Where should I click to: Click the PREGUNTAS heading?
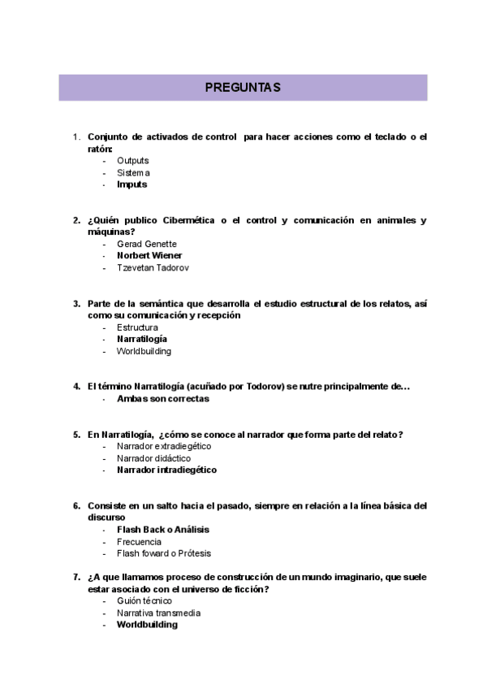coord(243,88)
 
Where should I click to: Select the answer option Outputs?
coord(132,161)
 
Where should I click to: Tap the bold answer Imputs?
coord(131,184)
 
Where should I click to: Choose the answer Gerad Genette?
coord(146,244)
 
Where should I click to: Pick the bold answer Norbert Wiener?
coord(149,256)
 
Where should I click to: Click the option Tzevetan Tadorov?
coord(153,268)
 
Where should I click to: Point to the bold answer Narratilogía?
coord(142,339)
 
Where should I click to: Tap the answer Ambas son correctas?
coord(162,399)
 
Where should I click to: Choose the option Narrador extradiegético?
coord(163,446)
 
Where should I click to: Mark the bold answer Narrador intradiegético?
coord(166,470)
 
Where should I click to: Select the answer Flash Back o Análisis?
coord(162,530)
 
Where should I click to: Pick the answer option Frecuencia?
coord(139,542)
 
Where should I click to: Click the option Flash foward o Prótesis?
coord(163,553)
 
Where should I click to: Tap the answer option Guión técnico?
coord(144,601)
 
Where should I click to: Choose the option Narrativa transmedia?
coord(158,613)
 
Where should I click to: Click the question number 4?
coord(76,387)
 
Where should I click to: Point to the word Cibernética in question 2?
coord(197,220)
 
